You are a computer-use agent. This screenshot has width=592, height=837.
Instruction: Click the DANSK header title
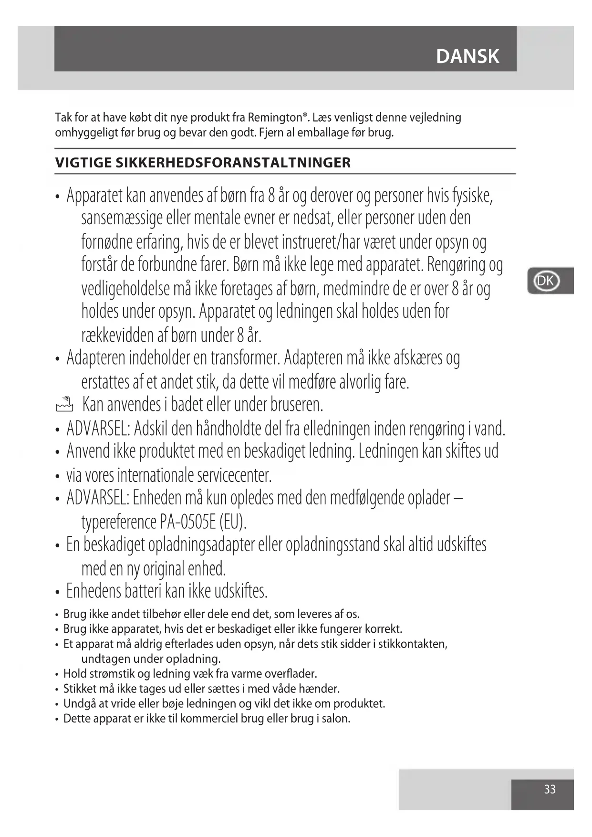tap(467, 56)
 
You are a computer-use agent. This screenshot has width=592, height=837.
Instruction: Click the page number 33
tap(550, 789)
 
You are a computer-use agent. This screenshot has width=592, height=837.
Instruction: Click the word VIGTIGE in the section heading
tap(83, 163)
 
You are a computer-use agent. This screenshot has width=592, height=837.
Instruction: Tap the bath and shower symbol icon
tap(64, 405)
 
